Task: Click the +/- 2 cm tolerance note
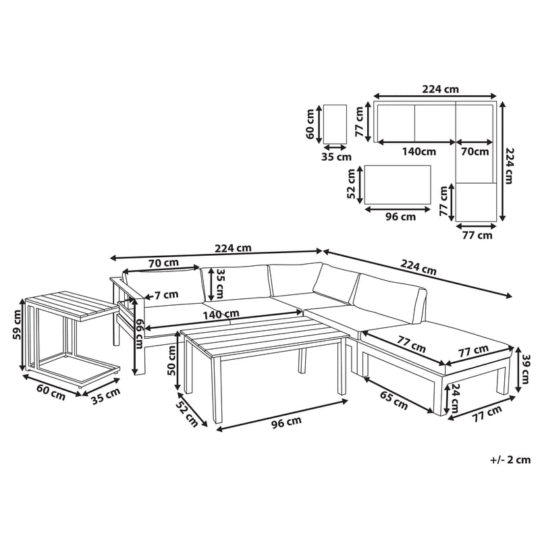(x=510, y=460)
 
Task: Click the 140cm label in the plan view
(x=418, y=152)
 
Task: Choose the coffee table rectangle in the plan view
(x=398, y=184)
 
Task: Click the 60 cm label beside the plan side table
(x=311, y=124)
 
